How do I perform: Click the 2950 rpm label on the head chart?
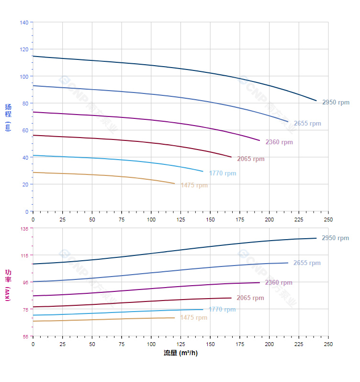[x=336, y=103]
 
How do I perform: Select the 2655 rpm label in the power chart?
[x=307, y=263]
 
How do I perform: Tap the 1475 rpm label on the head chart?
[x=194, y=185]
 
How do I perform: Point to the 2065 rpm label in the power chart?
[x=250, y=298]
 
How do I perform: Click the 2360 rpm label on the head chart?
[x=279, y=142]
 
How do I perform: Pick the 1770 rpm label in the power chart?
[x=222, y=310]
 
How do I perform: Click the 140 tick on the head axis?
[x=24, y=23]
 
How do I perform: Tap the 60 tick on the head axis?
[x=26, y=130]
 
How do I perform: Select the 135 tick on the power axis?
[x=24, y=229]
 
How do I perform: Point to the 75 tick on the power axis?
[x=26, y=310]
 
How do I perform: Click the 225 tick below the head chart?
[x=299, y=219]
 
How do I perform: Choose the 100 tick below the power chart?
[x=151, y=344]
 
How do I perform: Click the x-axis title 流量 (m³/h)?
[x=180, y=353]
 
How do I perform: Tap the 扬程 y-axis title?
[x=8, y=111]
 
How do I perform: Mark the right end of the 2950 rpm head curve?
[x=316, y=101]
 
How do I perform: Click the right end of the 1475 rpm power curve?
[x=174, y=318]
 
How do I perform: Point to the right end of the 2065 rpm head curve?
[x=231, y=157]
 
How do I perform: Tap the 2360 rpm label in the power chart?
[x=279, y=283]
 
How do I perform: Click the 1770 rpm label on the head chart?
[x=223, y=174]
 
